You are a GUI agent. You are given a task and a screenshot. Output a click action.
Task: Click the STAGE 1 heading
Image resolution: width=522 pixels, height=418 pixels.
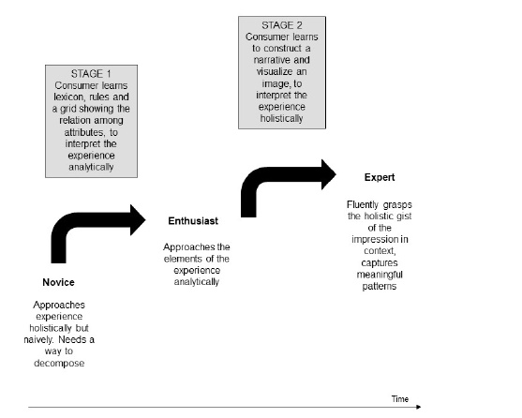[x=91, y=73]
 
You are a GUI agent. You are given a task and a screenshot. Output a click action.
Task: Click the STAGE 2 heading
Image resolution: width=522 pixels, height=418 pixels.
[x=282, y=25]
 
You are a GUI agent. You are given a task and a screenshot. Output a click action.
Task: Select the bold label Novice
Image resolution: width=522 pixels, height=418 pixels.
[x=59, y=282]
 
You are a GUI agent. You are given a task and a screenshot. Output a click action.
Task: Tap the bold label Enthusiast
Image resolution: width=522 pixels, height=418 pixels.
[x=193, y=220]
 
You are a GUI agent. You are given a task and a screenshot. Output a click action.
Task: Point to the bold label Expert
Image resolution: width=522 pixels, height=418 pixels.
[x=380, y=177]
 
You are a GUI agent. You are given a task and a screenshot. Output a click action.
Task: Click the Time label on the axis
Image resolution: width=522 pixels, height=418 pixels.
[x=400, y=399]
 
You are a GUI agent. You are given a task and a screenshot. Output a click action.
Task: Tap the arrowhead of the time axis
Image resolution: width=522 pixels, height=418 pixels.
[x=419, y=407]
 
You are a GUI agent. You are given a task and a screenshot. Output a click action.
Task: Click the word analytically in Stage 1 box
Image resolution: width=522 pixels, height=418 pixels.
[x=91, y=167]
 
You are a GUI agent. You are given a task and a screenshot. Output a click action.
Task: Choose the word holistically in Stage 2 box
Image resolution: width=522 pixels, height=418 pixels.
[x=282, y=118]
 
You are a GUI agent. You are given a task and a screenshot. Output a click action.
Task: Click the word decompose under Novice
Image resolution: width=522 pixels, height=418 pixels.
[x=59, y=363]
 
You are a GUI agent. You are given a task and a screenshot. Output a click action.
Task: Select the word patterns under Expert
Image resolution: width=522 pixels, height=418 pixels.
[x=380, y=286]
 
